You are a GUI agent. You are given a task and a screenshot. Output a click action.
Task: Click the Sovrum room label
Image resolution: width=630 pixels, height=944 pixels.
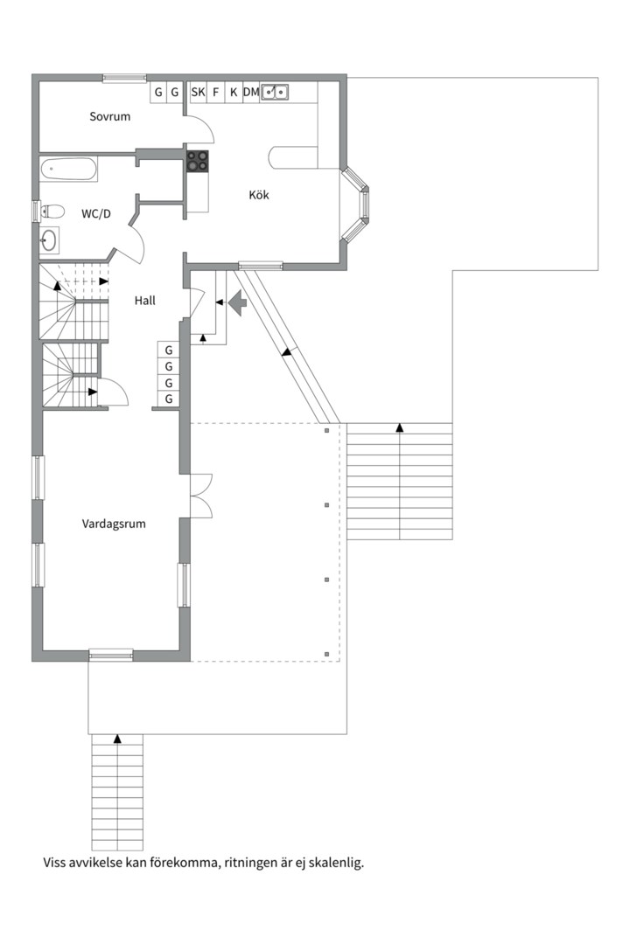(x=109, y=116)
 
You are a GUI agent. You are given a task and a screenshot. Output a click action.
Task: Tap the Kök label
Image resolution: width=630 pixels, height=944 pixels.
(x=259, y=195)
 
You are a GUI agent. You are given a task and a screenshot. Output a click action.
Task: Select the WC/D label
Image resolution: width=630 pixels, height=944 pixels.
(x=96, y=214)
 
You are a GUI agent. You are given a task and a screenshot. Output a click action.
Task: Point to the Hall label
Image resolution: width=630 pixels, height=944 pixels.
(x=144, y=301)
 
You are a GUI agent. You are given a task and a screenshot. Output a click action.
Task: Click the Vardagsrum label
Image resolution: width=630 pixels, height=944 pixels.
(x=114, y=524)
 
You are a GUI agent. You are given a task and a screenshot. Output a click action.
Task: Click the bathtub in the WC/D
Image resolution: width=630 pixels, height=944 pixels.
(x=68, y=170)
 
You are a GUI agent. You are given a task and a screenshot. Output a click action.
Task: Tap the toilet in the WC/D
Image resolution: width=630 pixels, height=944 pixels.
(x=52, y=212)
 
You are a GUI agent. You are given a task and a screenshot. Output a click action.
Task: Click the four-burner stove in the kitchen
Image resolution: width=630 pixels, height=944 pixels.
(x=197, y=161)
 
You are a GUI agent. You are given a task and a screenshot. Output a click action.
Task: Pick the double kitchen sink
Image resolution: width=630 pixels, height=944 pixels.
(x=275, y=92)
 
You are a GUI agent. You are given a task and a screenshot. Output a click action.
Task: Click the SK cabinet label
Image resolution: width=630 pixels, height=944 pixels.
(x=198, y=92)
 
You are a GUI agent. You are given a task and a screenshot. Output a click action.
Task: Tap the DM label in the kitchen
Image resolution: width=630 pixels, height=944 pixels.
(x=251, y=92)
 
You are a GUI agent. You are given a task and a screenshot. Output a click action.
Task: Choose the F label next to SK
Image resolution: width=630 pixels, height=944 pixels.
(x=215, y=92)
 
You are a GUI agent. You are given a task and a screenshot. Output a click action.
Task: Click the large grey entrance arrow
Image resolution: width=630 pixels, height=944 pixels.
(x=237, y=302)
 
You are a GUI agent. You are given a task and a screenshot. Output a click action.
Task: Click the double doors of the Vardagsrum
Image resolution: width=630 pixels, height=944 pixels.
(x=201, y=496)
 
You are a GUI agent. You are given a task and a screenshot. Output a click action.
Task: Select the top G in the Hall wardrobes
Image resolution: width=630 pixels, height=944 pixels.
(x=169, y=350)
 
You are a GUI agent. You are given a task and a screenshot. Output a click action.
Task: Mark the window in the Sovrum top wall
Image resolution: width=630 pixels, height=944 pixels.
(x=124, y=77)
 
